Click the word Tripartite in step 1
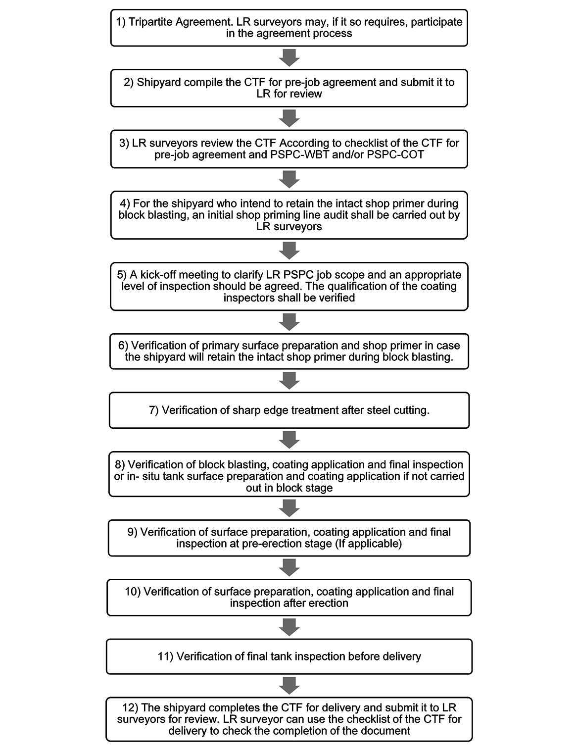(x=150, y=22)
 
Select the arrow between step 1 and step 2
(x=289, y=57)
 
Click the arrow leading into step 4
(x=289, y=179)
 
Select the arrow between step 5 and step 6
(x=289, y=322)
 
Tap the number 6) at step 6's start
(x=123, y=346)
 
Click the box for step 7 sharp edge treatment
(x=289, y=410)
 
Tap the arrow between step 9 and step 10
(x=289, y=567)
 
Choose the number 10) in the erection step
(x=133, y=592)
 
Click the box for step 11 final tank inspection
(x=289, y=656)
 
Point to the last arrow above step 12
(x=289, y=685)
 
